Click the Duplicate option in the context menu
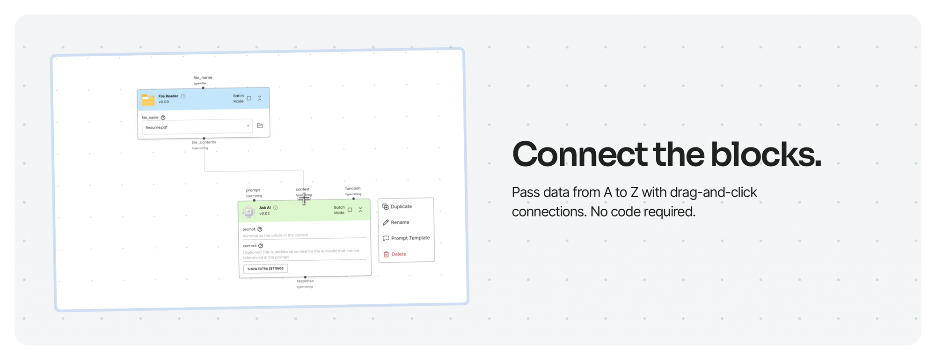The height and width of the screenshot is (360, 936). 401,206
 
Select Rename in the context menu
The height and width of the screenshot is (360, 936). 400,222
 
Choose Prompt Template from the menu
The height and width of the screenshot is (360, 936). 410,238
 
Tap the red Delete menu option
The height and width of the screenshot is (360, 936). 398,254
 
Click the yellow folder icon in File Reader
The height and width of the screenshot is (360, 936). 148,99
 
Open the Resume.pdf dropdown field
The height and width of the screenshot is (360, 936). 197,127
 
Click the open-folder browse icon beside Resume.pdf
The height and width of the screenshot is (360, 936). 260,125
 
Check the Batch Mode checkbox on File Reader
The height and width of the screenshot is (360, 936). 249,98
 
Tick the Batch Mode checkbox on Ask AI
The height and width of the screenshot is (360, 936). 350,210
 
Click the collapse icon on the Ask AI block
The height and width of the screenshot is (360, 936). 360,210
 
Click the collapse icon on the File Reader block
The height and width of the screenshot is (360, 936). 260,98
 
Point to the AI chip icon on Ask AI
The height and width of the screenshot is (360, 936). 249,212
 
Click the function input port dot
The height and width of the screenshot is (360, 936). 353,198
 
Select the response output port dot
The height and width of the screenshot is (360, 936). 305,277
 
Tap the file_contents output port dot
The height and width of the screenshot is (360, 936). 204,139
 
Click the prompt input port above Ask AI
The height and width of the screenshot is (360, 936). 254,200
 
